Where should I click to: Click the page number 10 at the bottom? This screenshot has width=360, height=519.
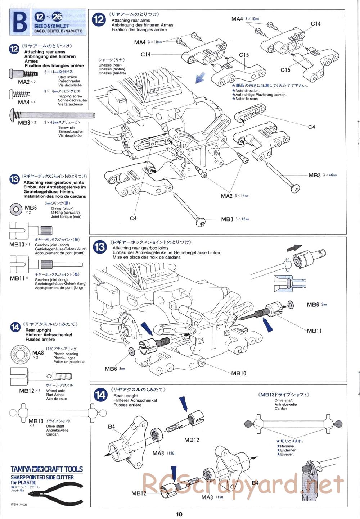coord(179,514)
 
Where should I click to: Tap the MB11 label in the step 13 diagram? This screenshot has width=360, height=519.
coord(314,331)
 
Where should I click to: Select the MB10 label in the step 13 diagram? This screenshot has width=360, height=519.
coord(238,373)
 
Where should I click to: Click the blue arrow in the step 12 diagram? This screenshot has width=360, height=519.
coord(200,77)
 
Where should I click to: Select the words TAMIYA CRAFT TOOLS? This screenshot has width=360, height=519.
coord(47,469)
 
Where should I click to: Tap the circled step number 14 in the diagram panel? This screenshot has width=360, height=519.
coord(100,395)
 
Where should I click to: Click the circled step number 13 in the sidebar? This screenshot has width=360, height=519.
coord(14,179)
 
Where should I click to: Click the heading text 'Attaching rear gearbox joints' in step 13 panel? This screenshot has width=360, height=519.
coord(140,248)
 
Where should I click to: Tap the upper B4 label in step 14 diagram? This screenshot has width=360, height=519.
coord(111,427)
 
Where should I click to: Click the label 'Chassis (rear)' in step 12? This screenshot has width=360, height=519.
coord(112,65)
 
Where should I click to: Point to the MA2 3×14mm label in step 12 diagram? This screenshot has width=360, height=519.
coord(234,196)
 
